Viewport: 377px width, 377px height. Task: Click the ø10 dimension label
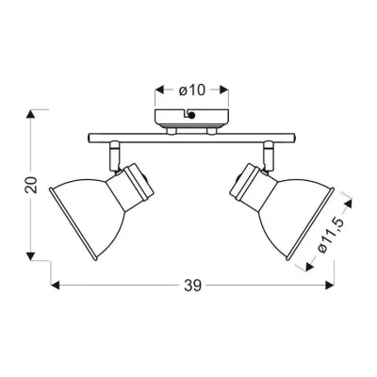[x=191, y=90]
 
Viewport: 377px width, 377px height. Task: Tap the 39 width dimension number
[x=192, y=286]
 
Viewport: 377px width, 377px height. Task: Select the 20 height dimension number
[x=31, y=185]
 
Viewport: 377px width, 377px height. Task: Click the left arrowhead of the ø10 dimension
[x=160, y=90]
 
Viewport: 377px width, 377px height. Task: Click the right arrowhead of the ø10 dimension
[x=223, y=90]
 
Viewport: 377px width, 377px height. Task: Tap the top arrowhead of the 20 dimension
[x=30, y=114]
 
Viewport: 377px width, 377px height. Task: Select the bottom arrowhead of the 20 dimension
[x=30, y=256]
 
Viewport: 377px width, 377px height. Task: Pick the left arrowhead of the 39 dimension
[x=56, y=286]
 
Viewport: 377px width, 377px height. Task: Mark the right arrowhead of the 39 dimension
[x=329, y=286]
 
